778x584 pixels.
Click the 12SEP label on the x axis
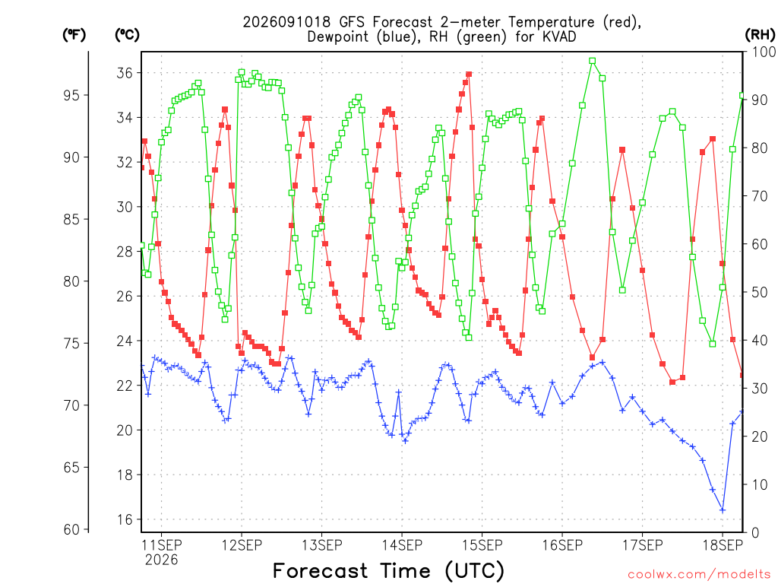pyautogui.click(x=242, y=545)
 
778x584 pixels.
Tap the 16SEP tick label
pyautogui.click(x=562, y=545)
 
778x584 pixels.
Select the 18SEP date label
pyautogui.click(x=723, y=545)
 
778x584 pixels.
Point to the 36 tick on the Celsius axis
pyautogui.click(x=125, y=73)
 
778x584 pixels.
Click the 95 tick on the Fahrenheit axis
pyautogui.click(x=71, y=95)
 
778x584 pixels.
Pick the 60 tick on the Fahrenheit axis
pyautogui.click(x=71, y=529)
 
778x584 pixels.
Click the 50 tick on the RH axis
pyautogui.click(x=760, y=293)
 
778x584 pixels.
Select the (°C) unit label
pyautogui.click(x=127, y=35)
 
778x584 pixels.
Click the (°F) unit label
pyautogui.click(x=74, y=35)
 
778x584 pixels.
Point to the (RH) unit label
pyautogui.click(x=760, y=35)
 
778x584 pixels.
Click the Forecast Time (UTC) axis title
pyautogui.click(x=388, y=571)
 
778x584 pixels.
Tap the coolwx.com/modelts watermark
pyautogui.click(x=699, y=575)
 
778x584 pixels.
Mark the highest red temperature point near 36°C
pyautogui.click(x=469, y=75)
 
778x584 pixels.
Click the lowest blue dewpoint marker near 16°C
pyautogui.click(x=723, y=510)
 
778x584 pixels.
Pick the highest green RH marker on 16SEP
pyautogui.click(x=593, y=61)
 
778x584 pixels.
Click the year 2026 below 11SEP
pyautogui.click(x=161, y=560)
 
